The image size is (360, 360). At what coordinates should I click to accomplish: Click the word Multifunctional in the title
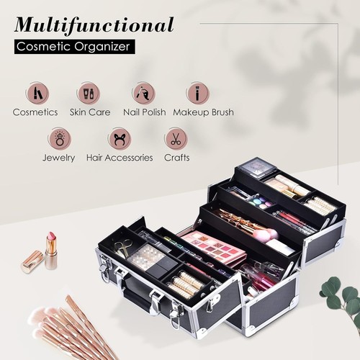coord(93,25)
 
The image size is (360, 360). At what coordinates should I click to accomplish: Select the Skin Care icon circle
coord(88,92)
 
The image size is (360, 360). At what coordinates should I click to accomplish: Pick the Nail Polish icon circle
coord(143,92)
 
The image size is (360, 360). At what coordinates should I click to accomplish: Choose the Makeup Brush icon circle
coord(197,92)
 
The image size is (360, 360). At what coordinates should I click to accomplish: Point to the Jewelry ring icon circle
coord(58,138)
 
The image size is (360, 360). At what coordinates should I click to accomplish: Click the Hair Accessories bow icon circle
coord(119,138)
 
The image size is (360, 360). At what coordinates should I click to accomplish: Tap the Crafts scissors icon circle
coord(175,138)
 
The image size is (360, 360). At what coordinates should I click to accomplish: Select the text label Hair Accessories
coord(119,157)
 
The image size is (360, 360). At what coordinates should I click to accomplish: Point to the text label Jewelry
coord(58,157)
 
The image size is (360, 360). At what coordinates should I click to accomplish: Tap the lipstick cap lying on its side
coord(32,261)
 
